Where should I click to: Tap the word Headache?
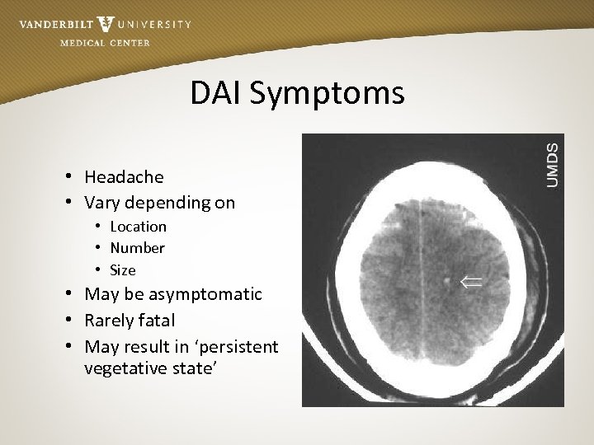click(x=124, y=177)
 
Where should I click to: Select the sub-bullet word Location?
click(x=138, y=227)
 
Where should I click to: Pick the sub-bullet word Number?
click(x=137, y=248)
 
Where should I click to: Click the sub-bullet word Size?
click(x=123, y=270)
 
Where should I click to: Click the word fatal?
click(x=155, y=321)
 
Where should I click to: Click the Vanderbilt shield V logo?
click(x=106, y=23)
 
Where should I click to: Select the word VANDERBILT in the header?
click(x=55, y=25)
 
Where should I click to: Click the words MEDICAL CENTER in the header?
click(x=105, y=43)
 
